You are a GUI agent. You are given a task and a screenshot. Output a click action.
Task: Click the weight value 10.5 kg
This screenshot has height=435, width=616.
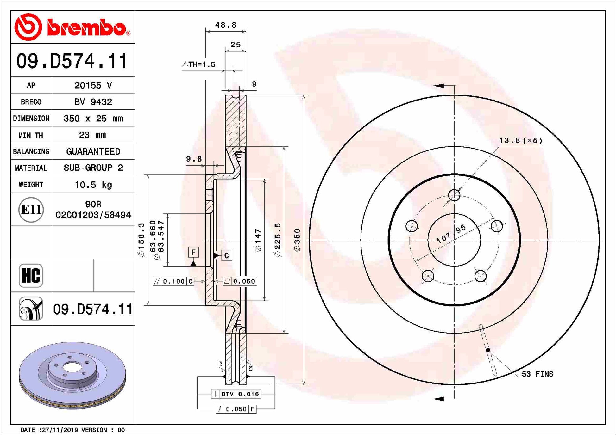[x=93, y=185]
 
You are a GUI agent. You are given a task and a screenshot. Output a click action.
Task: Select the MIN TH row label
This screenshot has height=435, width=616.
[x=31, y=135]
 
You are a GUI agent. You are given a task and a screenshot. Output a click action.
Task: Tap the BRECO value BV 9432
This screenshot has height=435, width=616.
[x=93, y=102]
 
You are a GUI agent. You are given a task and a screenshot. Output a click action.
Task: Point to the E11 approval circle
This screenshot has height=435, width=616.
[x=31, y=210]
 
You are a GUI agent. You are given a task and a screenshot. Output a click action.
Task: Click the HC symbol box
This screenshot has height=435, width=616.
[x=31, y=275]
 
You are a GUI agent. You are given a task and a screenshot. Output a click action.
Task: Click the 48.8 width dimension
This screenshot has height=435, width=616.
[x=226, y=25]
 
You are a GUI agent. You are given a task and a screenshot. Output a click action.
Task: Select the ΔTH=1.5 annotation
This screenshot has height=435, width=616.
[x=199, y=64]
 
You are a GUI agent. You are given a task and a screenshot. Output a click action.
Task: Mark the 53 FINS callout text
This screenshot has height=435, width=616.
[x=537, y=374]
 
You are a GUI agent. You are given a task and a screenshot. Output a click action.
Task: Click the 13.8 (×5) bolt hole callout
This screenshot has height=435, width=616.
[x=521, y=140]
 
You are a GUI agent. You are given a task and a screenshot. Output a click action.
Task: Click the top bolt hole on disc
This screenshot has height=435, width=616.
[x=454, y=195]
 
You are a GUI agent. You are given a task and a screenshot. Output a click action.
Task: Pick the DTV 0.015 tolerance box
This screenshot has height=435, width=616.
[x=236, y=394]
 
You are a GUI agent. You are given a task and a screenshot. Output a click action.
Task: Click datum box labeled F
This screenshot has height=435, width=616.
[x=193, y=252]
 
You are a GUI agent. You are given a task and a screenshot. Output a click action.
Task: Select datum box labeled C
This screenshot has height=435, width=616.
[x=227, y=255]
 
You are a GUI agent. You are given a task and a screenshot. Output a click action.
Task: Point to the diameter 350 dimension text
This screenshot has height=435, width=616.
[x=297, y=240]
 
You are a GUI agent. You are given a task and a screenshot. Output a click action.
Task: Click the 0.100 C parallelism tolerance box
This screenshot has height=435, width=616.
[x=173, y=281]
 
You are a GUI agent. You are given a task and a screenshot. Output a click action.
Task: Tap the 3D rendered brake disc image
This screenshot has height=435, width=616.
[x=72, y=375]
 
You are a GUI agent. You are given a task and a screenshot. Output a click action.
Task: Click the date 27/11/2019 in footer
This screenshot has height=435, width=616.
[x=60, y=430]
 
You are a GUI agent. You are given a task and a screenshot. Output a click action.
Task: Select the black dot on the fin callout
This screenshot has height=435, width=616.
[x=488, y=350]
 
